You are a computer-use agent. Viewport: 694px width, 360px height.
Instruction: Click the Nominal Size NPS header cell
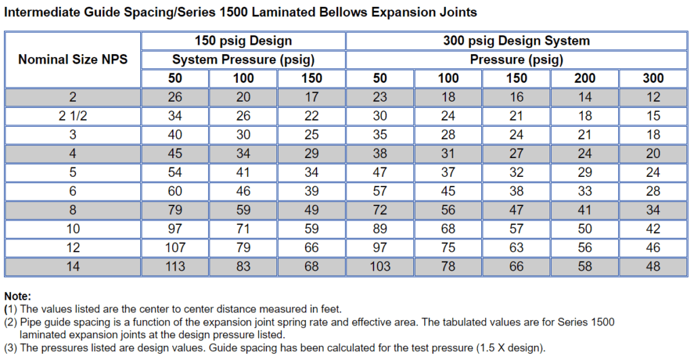coord(73,59)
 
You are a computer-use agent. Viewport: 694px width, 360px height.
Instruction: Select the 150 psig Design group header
coord(243,41)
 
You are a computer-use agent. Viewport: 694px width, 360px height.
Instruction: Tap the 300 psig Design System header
coord(516,41)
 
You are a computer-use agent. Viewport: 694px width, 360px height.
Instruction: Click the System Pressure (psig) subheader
coord(243,60)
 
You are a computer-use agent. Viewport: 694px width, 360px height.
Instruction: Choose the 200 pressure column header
coord(585,78)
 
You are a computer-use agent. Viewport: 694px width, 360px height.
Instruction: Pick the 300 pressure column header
coord(653,78)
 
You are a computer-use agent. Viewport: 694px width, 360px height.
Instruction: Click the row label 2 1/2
coord(73,116)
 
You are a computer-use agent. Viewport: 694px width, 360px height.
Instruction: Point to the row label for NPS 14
coord(73,266)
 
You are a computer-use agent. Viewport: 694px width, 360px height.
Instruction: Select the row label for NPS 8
coord(73,210)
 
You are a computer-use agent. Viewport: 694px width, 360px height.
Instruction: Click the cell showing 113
coord(175,266)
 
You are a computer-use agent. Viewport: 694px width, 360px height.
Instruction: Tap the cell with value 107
coord(175,247)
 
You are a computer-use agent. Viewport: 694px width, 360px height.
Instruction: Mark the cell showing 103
coord(380,266)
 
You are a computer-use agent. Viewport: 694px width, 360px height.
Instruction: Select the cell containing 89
coord(380,229)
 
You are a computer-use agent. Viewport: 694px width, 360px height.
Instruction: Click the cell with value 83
coord(243,266)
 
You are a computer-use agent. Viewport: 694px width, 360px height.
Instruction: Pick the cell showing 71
coord(243,229)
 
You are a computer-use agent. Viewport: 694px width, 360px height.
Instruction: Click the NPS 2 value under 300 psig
coord(653,97)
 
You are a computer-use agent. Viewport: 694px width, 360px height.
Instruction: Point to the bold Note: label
coord(18,296)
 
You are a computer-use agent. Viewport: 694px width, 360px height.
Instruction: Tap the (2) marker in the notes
coord(11,321)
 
